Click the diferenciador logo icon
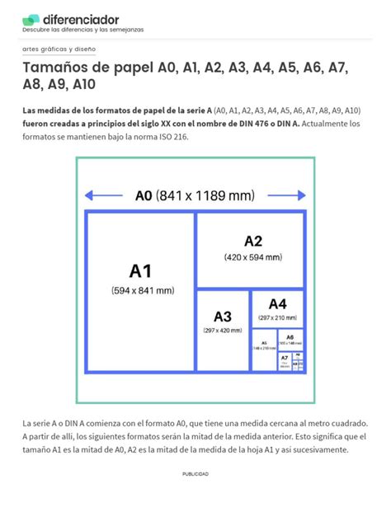pyautogui.click(x=31, y=19)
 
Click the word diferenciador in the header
pyautogui.click(x=81, y=18)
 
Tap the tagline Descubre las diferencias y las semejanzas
pyautogui.click(x=82, y=30)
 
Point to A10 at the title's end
pyautogui.click(x=84, y=84)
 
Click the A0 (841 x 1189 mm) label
pyautogui.click(x=195, y=196)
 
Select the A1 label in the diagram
pyautogui.click(x=141, y=270)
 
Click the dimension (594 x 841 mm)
pyautogui.click(x=141, y=290)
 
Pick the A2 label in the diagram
pyautogui.click(x=252, y=241)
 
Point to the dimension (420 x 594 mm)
pyautogui.click(x=252, y=257)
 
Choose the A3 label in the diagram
pyautogui.click(x=223, y=317)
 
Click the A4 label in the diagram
pyautogui.click(x=277, y=303)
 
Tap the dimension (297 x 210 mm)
pyautogui.click(x=277, y=317)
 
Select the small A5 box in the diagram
pyautogui.click(x=264, y=346)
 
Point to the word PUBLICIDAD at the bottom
pyautogui.click(x=195, y=474)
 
